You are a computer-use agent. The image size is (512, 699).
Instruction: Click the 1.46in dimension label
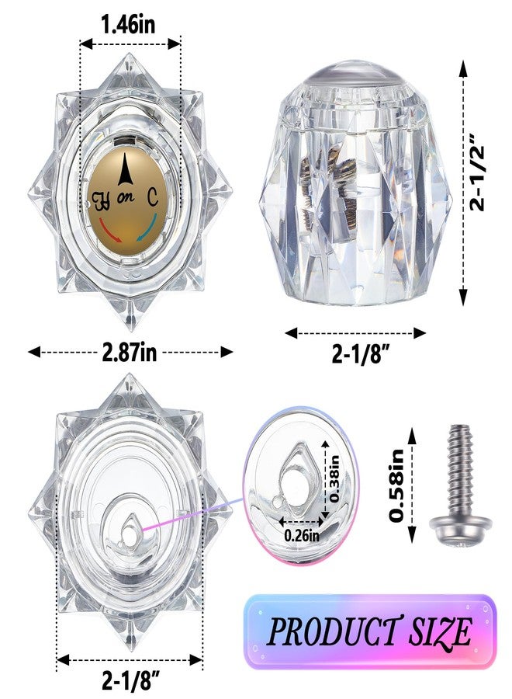click(x=128, y=24)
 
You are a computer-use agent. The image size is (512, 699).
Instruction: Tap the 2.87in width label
click(x=130, y=352)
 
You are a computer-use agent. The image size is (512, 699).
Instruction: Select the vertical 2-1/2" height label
click(x=478, y=179)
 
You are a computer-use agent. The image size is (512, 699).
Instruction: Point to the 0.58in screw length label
click(x=398, y=485)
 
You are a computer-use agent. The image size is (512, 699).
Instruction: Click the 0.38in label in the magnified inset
click(x=334, y=478)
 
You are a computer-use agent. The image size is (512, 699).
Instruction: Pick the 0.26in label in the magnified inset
click(x=302, y=534)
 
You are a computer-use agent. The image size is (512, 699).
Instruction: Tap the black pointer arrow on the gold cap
click(x=126, y=169)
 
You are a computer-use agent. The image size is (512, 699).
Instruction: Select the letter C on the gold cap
click(x=153, y=197)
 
